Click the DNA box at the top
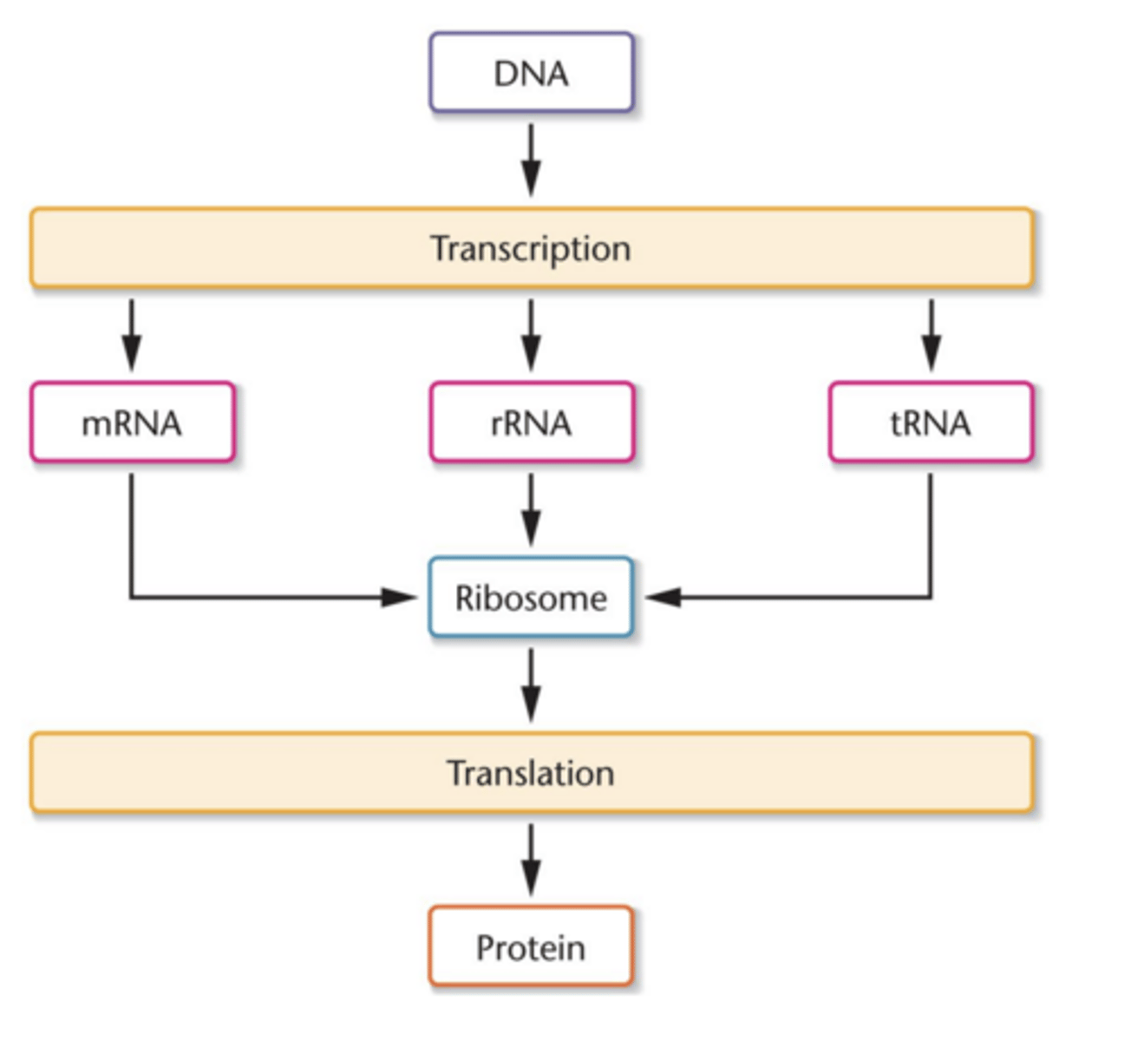click(x=532, y=73)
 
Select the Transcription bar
click(x=260, y=248)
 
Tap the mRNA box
click(x=132, y=422)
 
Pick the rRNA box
click(x=532, y=422)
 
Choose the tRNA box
click(x=931, y=422)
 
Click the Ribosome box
click(x=532, y=598)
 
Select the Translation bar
click(x=260, y=773)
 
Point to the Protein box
click(x=532, y=946)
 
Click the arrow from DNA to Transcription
click(x=532, y=160)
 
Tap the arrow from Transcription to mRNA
click(x=132, y=335)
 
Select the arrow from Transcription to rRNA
click(x=532, y=335)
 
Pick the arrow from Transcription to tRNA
click(x=931, y=335)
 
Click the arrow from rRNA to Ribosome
click(x=532, y=510)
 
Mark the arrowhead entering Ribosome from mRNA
click(x=401, y=598)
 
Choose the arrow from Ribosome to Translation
click(x=532, y=685)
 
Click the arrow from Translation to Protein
click(x=532, y=860)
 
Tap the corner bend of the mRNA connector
click(x=132, y=598)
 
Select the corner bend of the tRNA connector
click(x=931, y=598)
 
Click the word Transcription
click(x=531, y=249)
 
